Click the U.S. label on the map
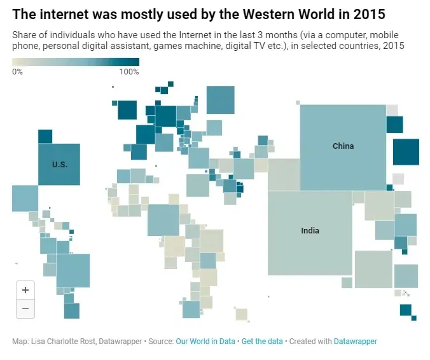(59, 164)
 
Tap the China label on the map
(343, 146)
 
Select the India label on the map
(310, 230)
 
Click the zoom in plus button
(25, 290)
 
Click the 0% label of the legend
(17, 72)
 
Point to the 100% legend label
(129, 72)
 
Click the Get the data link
(262, 342)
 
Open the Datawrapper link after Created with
(355, 342)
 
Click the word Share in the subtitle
(24, 35)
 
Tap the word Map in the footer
(19, 342)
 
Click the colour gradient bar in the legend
(75, 62)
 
